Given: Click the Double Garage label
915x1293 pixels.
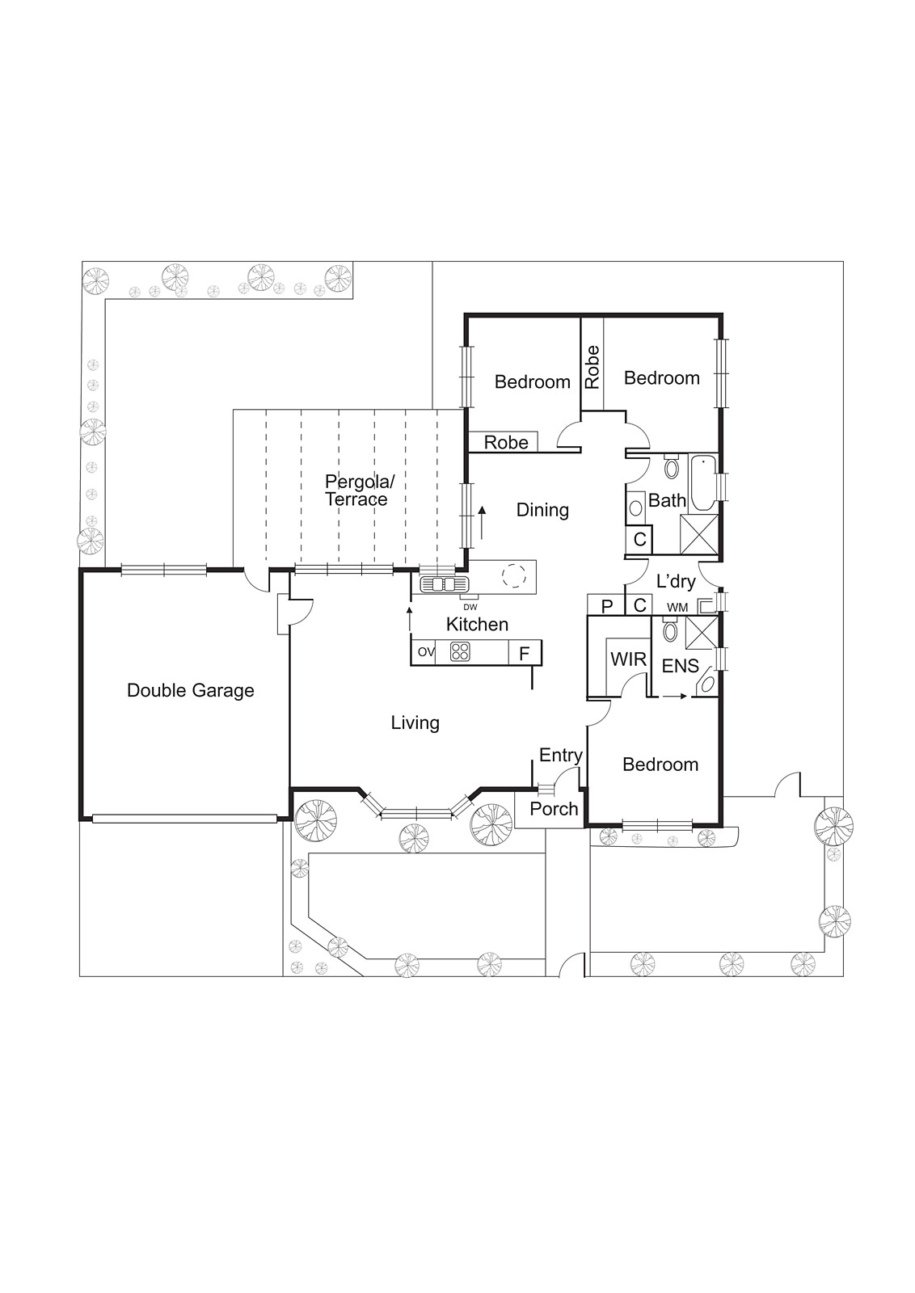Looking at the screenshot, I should click(x=191, y=690).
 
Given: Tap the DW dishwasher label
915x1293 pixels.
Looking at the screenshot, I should click(x=470, y=607).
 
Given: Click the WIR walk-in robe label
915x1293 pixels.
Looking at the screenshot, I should click(x=628, y=659).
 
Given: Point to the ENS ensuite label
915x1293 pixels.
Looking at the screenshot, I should click(x=680, y=666).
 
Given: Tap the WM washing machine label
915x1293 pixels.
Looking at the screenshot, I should click(x=677, y=607).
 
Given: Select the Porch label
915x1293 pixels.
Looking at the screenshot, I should click(x=554, y=809).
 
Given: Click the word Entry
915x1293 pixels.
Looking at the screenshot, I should click(x=560, y=755).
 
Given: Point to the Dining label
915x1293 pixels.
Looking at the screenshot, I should click(x=542, y=510).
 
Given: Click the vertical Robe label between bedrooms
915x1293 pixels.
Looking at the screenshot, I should click(x=592, y=367).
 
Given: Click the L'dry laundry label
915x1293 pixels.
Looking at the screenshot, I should click(x=676, y=581).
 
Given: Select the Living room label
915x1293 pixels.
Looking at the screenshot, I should click(x=415, y=722).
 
